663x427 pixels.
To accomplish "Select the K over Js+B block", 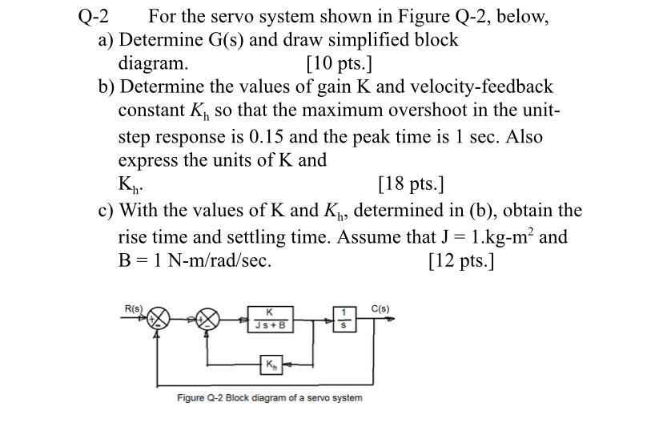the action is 270,320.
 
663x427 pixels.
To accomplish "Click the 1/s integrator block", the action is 343,319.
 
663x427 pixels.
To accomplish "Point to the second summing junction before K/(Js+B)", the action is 208,320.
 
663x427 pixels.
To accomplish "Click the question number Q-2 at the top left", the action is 94,16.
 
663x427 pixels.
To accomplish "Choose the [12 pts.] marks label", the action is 461,260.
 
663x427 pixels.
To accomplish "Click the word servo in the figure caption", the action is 308,398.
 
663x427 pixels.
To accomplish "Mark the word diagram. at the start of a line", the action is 154,62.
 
